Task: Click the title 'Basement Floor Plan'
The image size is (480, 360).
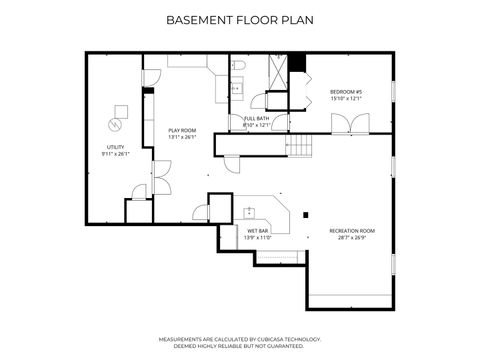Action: [239, 19]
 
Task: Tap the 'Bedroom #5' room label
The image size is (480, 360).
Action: [344, 92]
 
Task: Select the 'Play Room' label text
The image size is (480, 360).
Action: [181, 131]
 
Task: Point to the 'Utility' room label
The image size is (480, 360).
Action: [116, 147]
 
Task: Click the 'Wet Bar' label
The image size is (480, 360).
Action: [257, 231]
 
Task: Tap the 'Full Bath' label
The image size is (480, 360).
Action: [257, 118]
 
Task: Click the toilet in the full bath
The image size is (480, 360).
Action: [239, 67]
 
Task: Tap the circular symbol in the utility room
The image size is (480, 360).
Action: [115, 124]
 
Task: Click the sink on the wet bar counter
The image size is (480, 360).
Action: [249, 211]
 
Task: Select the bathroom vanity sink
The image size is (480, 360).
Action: [236, 88]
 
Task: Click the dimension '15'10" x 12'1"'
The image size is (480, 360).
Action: [344, 99]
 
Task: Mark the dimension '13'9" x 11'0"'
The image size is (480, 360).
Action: [257, 238]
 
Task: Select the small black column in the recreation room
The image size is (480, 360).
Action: [303, 213]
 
